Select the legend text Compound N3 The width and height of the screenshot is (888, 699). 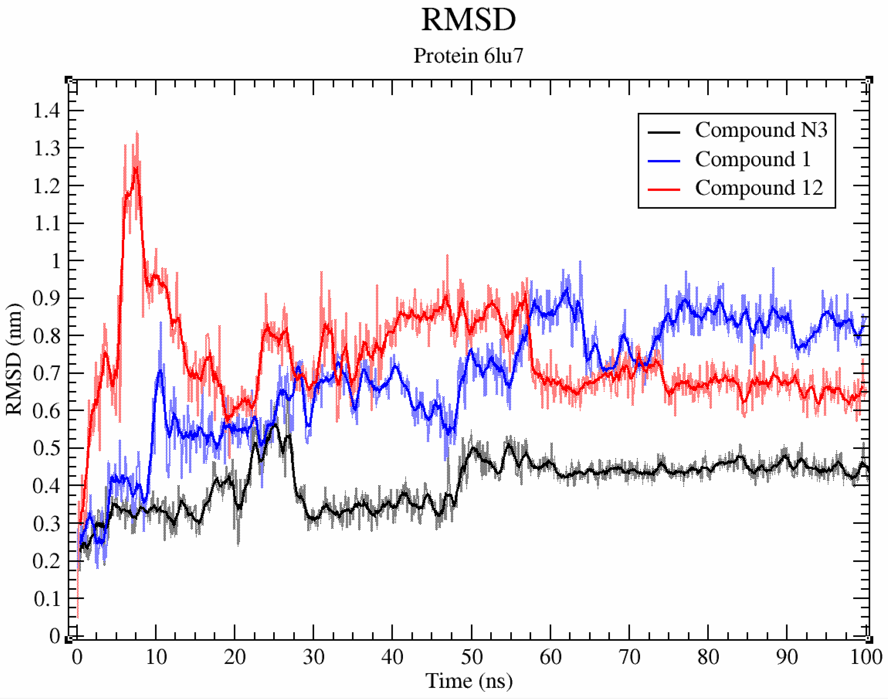pos(761,130)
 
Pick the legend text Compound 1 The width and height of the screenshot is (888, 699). pos(753,159)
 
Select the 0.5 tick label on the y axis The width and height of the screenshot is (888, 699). pos(46,448)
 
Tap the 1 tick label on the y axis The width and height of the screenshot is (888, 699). pos(56,261)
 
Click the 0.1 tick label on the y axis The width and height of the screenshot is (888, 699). pos(46,599)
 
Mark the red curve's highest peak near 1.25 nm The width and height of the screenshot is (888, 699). pos(135,168)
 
